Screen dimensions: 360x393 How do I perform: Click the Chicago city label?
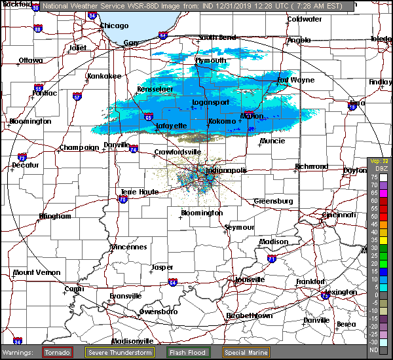114,26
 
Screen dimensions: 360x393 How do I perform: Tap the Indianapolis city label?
227,170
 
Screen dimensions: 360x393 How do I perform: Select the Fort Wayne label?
295,81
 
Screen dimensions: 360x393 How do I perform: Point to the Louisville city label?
249,279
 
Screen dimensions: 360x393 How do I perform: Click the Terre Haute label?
140,192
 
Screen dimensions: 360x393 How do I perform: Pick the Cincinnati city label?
338,215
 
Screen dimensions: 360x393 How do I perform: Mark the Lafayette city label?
172,126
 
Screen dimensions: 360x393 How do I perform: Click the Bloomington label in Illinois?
30,121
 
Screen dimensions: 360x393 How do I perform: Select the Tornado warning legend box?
58,352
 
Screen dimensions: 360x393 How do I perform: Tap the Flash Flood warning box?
187,352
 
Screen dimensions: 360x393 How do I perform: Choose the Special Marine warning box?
246,352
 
